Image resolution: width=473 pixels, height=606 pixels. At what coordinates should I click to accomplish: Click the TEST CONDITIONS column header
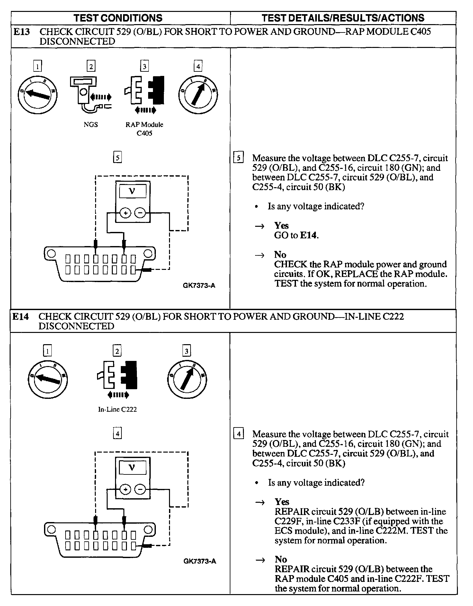click(x=118, y=18)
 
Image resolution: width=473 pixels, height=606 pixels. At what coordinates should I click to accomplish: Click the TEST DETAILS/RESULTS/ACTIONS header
click(x=343, y=18)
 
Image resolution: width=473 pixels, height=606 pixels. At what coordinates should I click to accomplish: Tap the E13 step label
click(x=22, y=32)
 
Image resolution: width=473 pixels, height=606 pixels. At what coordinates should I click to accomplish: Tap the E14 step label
click(x=21, y=317)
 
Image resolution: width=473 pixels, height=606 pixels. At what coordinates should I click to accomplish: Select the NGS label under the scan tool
click(x=91, y=124)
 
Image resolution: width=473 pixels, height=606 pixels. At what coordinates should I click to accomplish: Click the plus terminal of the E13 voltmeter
click(x=126, y=213)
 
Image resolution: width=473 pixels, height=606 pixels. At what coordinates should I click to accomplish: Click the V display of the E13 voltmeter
click(x=132, y=191)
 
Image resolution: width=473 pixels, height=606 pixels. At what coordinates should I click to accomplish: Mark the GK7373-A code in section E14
click(x=200, y=561)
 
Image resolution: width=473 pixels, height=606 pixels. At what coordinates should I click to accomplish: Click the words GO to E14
click(x=296, y=235)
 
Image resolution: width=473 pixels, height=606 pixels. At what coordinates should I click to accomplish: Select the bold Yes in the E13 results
click(x=281, y=225)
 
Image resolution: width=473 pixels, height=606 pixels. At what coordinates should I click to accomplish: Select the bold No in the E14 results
click(x=281, y=559)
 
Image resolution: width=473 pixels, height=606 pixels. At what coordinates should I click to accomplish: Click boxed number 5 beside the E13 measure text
click(x=238, y=158)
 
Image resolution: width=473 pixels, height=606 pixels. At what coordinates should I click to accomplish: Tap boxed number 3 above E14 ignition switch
click(x=186, y=351)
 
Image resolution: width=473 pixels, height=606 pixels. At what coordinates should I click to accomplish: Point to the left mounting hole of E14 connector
click(x=51, y=529)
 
